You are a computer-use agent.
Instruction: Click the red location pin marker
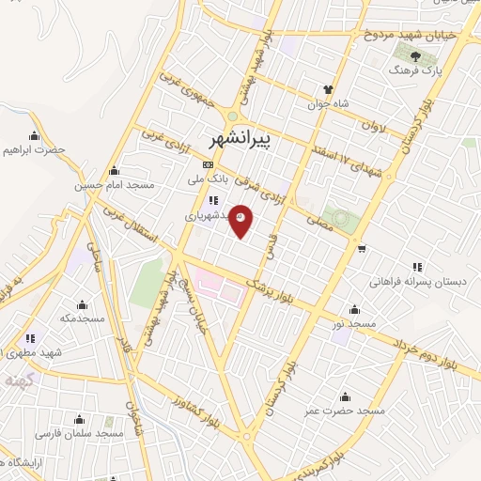click(x=240, y=220)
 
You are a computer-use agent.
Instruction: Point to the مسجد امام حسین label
click(x=114, y=186)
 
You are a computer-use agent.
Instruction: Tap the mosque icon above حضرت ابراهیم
click(x=35, y=135)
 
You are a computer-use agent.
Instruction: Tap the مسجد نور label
click(x=354, y=324)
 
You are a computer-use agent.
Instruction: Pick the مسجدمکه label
click(x=80, y=318)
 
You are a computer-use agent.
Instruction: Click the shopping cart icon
click(x=363, y=249)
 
